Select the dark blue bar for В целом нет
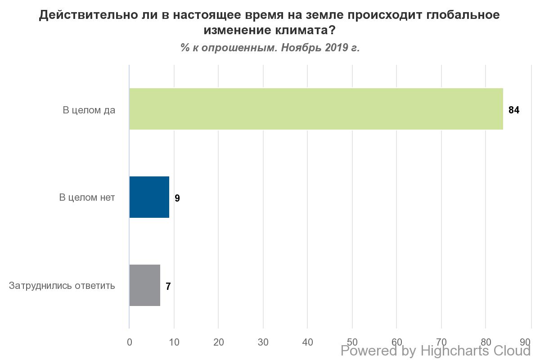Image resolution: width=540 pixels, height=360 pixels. coord(149,197)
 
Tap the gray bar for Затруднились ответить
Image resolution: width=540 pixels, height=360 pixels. coord(144,285)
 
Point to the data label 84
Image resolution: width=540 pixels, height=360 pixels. coord(513,110)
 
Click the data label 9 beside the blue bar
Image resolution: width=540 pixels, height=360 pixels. coord(177,198)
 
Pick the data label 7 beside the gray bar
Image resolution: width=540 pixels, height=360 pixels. coord(168,287)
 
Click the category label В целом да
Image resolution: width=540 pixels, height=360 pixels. coord(89,110)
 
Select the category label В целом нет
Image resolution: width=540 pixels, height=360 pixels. coord(87,198)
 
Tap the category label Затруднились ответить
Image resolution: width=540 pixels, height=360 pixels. coord(62,286)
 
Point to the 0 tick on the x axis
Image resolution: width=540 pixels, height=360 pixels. coord(130,342)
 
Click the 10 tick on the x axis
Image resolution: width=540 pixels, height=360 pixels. coord(174,342)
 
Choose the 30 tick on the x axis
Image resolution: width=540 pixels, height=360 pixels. coord(263,342)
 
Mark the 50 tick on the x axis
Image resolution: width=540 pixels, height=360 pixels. coord(352,342)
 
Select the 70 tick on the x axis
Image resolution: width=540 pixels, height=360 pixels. coord(441,342)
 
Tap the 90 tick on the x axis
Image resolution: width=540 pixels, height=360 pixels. coord(525,342)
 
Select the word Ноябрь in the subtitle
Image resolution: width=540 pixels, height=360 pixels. coord(300,48)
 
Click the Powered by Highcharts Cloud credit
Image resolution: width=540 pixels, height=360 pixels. coord(436,351)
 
